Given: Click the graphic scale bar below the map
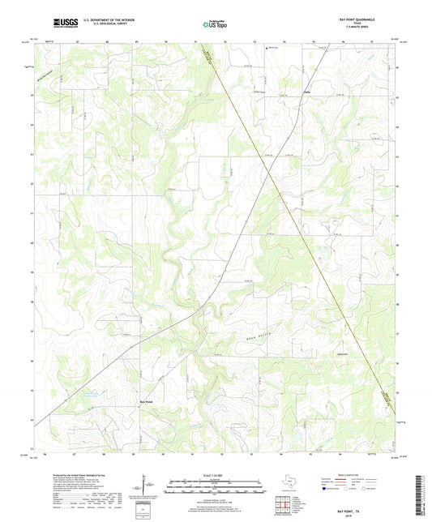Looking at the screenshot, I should tap(216, 489).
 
